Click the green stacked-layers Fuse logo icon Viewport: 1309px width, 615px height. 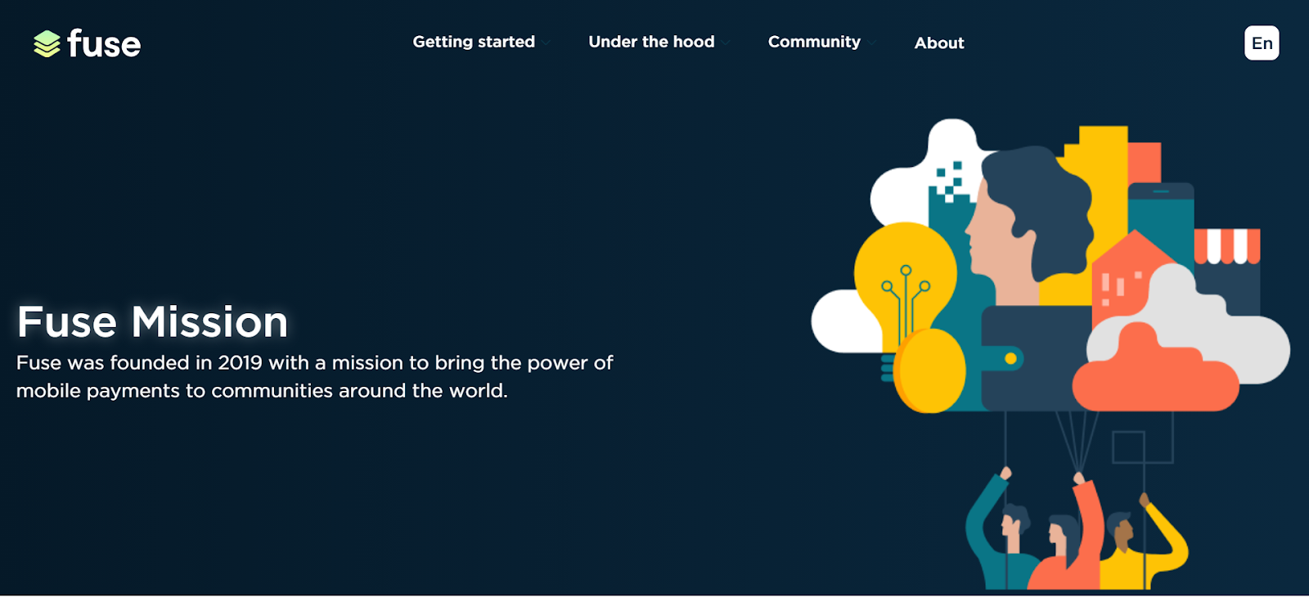(47, 44)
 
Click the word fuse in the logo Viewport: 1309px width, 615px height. (104, 43)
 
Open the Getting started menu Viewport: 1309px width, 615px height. (474, 42)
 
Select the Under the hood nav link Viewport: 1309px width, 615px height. (651, 42)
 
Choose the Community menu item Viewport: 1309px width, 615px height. (814, 42)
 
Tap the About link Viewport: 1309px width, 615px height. (939, 43)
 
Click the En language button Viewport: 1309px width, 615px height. (1262, 43)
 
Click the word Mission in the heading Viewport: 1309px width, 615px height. (209, 321)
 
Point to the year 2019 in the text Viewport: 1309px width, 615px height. (241, 362)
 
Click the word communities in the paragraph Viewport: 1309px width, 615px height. (272, 391)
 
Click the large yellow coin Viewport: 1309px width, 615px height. (929, 370)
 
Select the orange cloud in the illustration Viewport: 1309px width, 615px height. (1154, 370)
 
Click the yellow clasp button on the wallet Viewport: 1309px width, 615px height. (1010, 358)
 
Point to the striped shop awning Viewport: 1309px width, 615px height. (1226, 246)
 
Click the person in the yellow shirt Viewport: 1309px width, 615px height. (1140, 543)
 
